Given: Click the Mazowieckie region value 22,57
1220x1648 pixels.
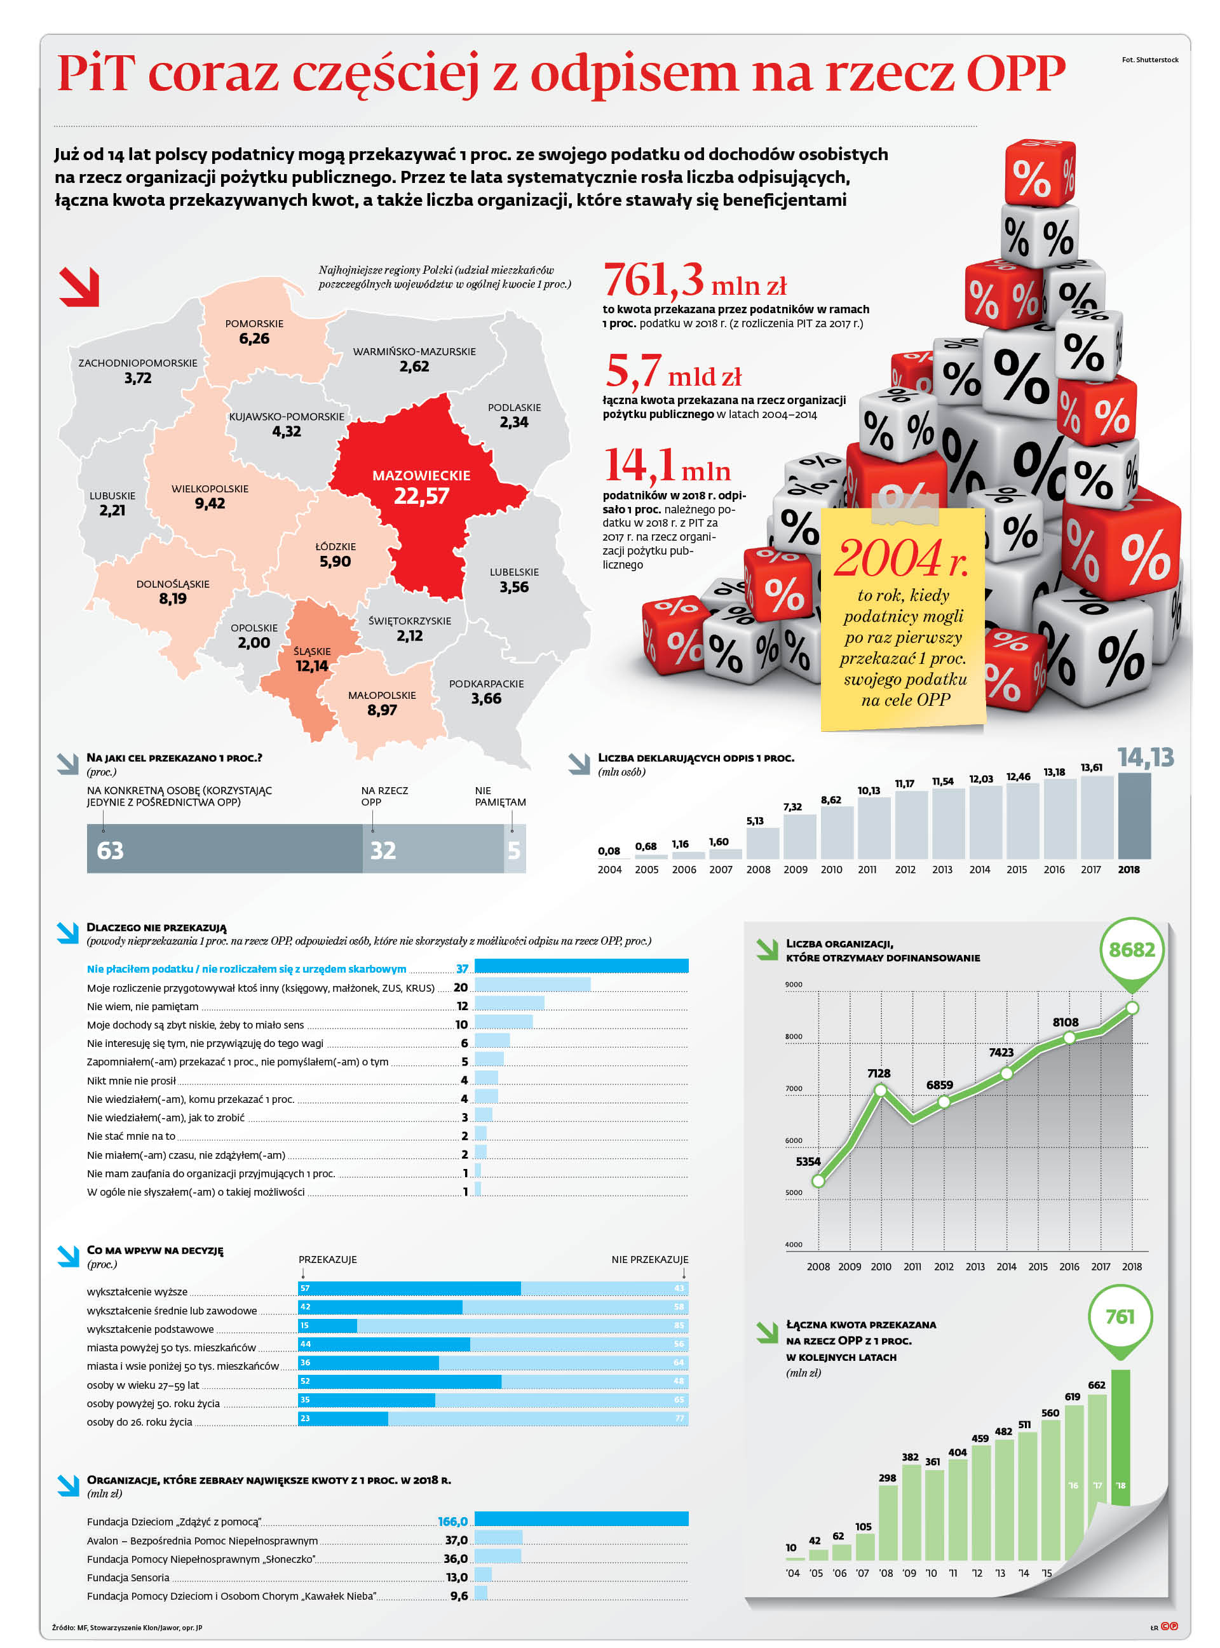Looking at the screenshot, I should point(421,496).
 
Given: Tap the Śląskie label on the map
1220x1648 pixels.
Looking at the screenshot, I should point(311,651).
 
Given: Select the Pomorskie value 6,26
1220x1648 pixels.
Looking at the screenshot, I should point(254,339).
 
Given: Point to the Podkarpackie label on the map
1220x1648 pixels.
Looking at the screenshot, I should point(486,684).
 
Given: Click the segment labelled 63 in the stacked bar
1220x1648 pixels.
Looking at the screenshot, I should point(224,849).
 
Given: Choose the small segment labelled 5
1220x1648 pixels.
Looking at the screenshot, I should point(515,849).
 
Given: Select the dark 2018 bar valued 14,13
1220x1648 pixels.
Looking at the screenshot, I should point(1134,815).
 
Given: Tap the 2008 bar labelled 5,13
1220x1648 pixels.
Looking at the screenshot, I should point(762,842).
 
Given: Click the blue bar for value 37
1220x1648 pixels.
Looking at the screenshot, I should point(581,966).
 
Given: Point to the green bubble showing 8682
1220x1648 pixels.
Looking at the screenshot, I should point(1132,950).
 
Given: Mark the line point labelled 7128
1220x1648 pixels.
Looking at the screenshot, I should point(879,1090).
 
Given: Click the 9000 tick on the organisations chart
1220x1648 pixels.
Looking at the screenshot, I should point(793,984).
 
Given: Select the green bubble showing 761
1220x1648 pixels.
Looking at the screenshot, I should point(1120,1316).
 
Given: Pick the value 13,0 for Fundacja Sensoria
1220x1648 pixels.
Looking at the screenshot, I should point(456,1577).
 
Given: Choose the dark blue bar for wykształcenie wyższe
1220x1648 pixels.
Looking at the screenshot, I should point(409,1288).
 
